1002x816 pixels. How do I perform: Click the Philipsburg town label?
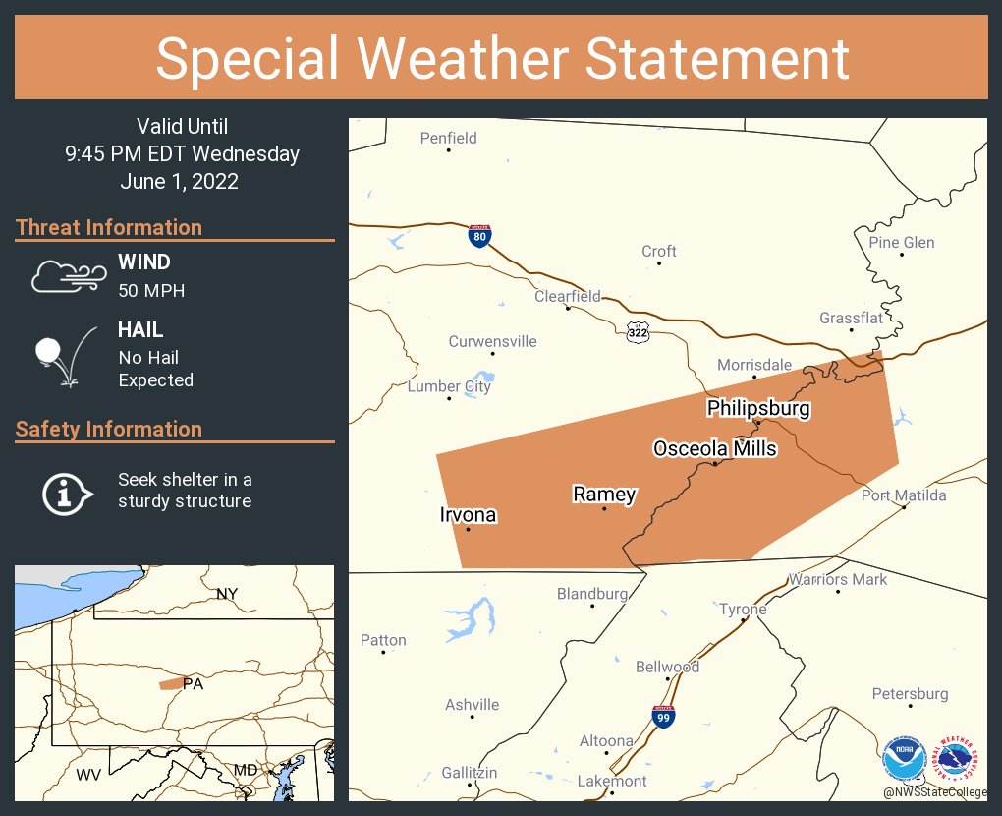click(758, 408)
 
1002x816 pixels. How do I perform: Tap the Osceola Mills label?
click(715, 449)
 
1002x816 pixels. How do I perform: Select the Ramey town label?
click(604, 495)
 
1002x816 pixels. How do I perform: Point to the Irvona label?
click(468, 515)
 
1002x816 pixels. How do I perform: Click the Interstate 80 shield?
click(478, 236)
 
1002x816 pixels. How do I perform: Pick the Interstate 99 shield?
click(663, 716)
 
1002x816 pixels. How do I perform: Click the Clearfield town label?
click(568, 296)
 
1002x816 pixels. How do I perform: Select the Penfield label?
click(448, 138)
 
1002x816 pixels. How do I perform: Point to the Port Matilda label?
click(904, 495)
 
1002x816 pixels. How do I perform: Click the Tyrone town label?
click(743, 609)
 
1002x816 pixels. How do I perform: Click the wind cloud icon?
click(67, 276)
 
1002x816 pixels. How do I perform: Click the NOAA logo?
click(905, 760)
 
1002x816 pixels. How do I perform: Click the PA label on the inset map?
click(193, 684)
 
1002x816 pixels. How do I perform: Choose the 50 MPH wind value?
click(151, 291)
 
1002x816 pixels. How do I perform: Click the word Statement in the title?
click(717, 59)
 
